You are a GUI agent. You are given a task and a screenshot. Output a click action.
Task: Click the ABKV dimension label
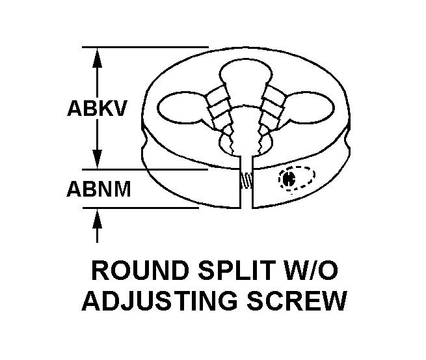click(98, 109)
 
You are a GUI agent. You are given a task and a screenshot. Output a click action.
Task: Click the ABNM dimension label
click(99, 189)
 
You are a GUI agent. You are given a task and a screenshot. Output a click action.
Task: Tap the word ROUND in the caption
click(140, 270)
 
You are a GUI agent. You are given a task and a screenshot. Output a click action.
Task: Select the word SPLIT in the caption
click(235, 270)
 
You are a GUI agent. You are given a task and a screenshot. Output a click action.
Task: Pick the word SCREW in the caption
click(297, 301)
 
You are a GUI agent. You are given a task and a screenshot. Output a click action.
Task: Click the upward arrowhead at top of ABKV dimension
click(97, 58)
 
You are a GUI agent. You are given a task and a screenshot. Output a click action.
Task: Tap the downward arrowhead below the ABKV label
click(97, 159)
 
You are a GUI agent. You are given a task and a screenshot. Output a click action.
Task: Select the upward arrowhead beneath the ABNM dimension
click(97, 218)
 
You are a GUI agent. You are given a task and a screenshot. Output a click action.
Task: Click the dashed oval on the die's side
click(297, 178)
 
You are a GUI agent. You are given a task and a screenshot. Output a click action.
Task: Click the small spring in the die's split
click(246, 180)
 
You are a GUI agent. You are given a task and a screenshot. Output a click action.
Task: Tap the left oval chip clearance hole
click(180, 108)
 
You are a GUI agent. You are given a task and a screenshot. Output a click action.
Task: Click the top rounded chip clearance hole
click(246, 73)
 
